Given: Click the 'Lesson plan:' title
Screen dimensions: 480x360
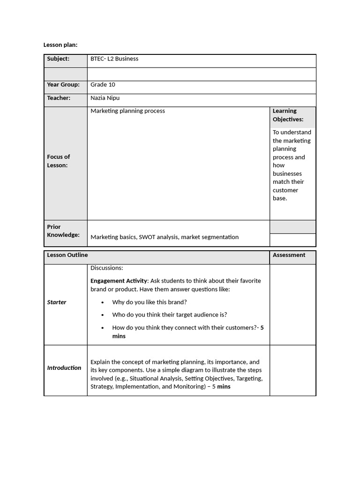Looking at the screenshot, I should coord(60,45).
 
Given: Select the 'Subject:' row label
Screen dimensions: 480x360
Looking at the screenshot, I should coord(58,59).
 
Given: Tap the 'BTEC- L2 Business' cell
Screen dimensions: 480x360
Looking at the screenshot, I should coord(114,59).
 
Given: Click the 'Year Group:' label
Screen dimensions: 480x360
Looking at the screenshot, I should coord(63,85).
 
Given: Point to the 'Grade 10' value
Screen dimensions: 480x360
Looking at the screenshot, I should coord(103,85).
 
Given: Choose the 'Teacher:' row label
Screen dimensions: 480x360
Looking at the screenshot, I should coord(59,98).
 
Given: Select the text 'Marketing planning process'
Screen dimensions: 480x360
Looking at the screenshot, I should coord(127,111).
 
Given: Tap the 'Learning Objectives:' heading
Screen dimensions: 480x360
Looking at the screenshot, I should coord(288,115).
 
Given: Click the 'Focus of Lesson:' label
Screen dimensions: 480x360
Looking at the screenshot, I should coord(59,161).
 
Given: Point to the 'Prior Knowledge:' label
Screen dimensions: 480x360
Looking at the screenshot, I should coord(63,231).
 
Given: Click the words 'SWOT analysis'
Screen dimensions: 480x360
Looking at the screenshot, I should coord(159,237).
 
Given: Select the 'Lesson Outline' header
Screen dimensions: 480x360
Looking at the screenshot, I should coord(67,255).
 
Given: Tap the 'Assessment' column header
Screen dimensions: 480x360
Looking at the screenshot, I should coord(289,255).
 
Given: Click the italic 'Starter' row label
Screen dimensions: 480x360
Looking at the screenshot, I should coord(57,302).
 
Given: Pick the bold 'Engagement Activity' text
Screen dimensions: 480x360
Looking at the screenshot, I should coord(119,281).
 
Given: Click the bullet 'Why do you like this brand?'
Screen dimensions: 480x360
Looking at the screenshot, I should coord(149,302).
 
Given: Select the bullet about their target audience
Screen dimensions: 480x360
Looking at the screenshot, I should coord(169,315).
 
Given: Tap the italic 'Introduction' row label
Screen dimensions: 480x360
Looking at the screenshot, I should coord(64,368).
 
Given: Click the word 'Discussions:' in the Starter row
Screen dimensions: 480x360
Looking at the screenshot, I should coord(107,268).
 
